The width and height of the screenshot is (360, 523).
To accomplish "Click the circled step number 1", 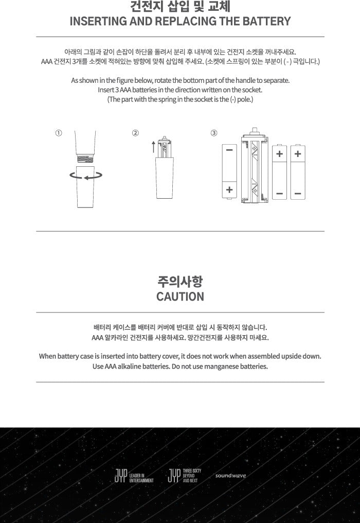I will coord(59,133).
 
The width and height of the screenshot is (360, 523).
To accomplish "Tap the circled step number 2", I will coord(136,133).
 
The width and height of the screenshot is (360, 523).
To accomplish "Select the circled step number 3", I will coord(214,133).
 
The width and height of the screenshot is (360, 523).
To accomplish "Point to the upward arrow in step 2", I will coord(153,146).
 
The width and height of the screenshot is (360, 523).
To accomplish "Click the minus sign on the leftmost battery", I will coord(229,150).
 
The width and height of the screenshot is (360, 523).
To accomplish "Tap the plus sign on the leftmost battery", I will coord(229,190).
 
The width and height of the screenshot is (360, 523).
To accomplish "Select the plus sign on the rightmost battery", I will coord(297,153).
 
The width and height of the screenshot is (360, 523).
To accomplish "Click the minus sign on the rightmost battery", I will coord(297,194).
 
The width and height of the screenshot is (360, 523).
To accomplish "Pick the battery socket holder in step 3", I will coord(254,169).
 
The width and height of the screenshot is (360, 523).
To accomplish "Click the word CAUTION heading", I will coord(180,297).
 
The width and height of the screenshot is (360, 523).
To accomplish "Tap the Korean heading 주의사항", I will coord(180,282).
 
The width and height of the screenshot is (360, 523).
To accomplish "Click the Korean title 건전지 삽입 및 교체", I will coord(180,7).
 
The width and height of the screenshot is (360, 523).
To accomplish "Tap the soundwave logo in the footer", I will coord(230,476).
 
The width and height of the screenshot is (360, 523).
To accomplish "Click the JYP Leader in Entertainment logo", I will coord(134,476).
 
